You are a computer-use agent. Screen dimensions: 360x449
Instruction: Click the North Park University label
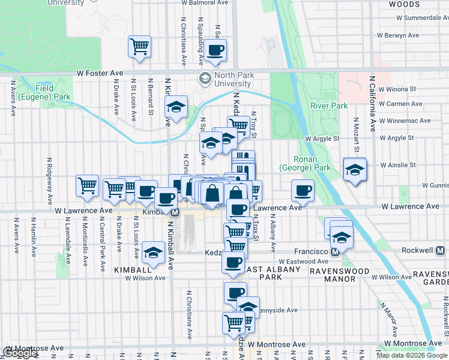click(234, 79)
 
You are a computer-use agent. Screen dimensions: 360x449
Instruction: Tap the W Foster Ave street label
click(100, 73)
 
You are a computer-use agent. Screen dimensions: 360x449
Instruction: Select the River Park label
click(329, 106)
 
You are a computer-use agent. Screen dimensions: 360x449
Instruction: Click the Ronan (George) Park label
click(306, 163)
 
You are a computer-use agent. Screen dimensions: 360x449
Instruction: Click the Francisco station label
click(312, 251)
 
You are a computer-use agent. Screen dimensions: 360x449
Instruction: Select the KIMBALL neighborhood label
click(131, 271)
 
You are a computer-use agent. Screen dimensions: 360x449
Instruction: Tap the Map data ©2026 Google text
click(412, 355)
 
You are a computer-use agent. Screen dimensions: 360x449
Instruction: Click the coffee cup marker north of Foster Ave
click(215, 50)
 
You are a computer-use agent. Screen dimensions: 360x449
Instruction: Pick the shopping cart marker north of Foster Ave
click(139, 46)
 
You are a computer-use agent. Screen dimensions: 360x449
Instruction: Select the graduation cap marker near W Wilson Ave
click(154, 253)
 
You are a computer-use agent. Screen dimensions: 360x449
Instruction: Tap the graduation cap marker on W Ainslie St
click(355, 170)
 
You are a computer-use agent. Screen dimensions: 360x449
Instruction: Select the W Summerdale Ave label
click(409, 18)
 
